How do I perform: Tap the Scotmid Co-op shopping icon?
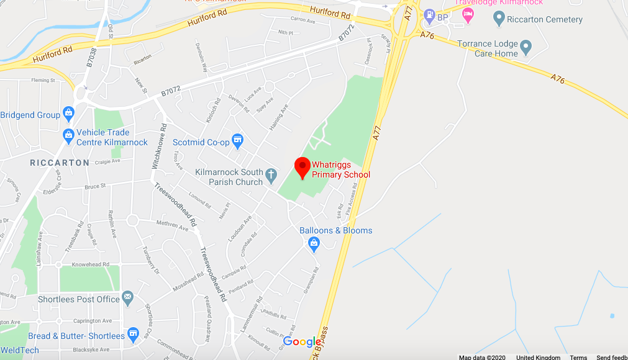[x=237, y=142]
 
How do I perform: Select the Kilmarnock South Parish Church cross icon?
[x=271, y=176]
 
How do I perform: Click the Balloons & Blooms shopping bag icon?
[x=314, y=243]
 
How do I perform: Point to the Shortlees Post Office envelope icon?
[x=128, y=299]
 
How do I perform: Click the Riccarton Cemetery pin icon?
[x=498, y=19]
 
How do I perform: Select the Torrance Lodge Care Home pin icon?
[x=526, y=46]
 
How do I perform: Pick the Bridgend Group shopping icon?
[x=68, y=115]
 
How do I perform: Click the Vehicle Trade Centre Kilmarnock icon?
[x=68, y=135]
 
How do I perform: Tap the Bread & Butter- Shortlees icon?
[x=133, y=336]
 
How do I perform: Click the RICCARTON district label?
[x=60, y=163]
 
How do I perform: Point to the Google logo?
[x=303, y=341]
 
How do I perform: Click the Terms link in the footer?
[x=578, y=358]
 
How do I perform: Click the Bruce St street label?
[x=95, y=186]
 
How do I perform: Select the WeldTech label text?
[x=19, y=351]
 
